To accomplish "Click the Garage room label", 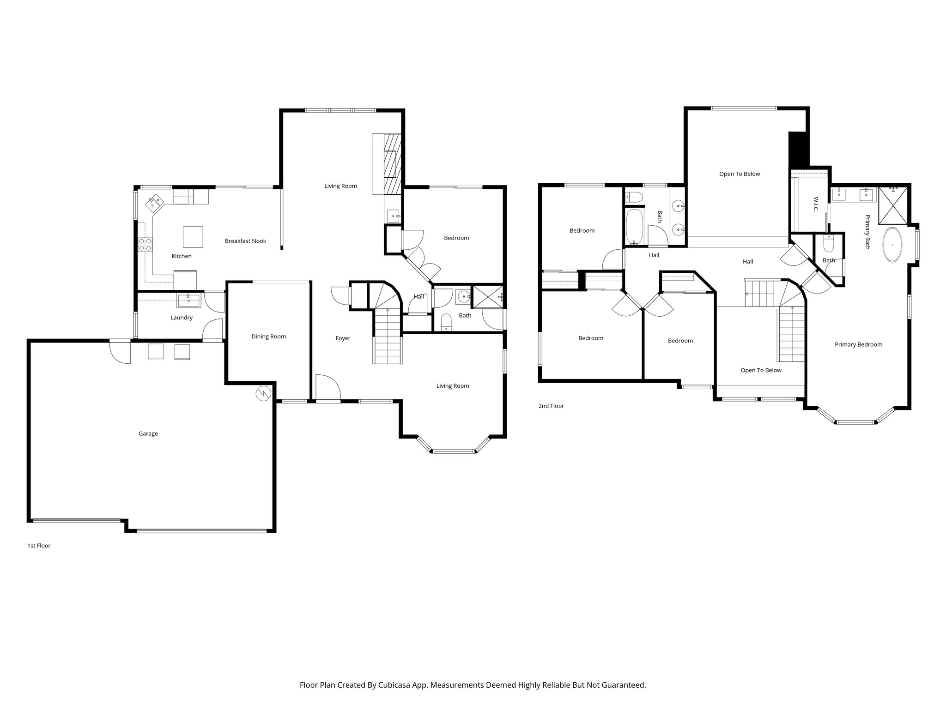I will click(x=148, y=433).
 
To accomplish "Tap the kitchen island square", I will click(x=192, y=237).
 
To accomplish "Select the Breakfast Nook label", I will click(x=245, y=241).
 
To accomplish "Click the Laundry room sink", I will click(x=188, y=300).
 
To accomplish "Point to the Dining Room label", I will click(x=268, y=336).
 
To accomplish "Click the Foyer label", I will click(x=343, y=338).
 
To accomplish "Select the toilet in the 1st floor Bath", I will click(x=446, y=322).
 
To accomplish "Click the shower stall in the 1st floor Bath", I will click(x=486, y=296).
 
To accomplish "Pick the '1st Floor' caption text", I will click(x=39, y=546).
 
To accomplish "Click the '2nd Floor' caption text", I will click(x=551, y=406).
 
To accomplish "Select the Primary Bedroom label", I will click(x=858, y=344).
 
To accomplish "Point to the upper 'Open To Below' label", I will click(x=739, y=174).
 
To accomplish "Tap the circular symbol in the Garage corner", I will click(x=263, y=393).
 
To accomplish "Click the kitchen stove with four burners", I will click(x=146, y=244).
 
